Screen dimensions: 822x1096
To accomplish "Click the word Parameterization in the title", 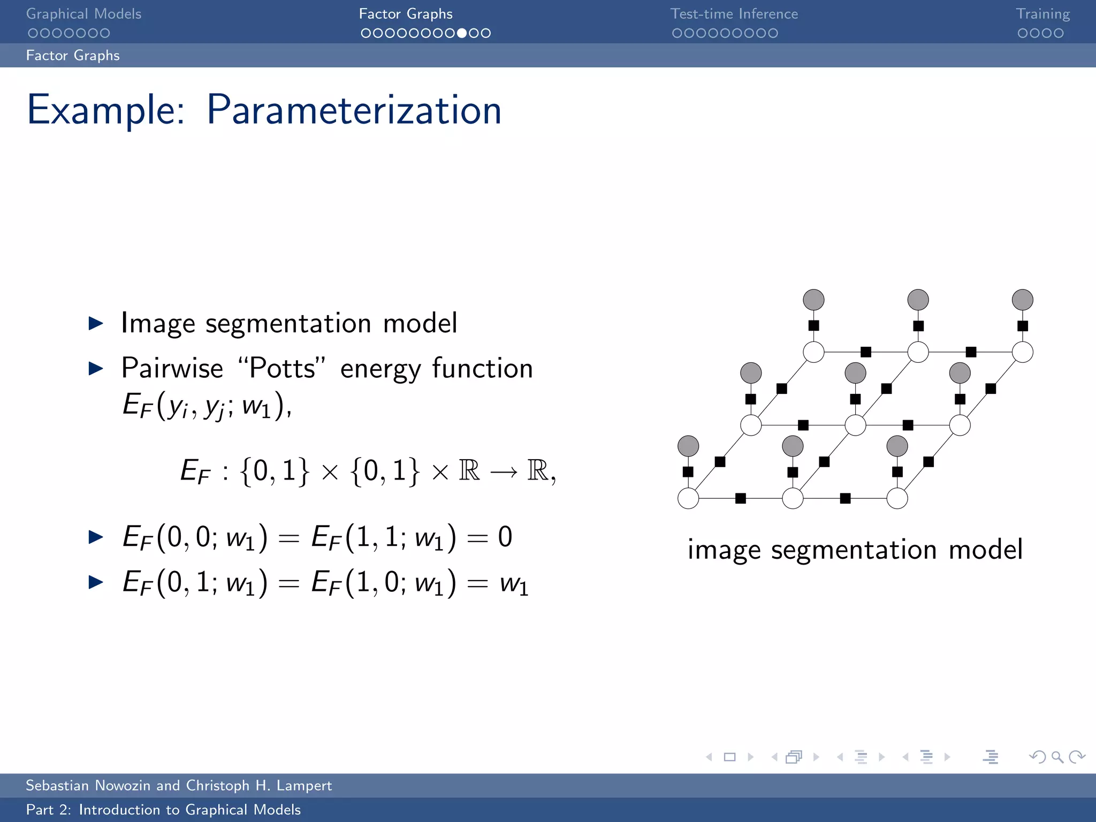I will pyautogui.click(x=354, y=110).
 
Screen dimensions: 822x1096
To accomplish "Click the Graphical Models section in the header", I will pyautogui.click(x=83, y=14).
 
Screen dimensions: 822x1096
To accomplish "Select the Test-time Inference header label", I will pyautogui.click(x=734, y=14).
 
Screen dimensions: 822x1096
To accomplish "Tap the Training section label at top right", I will pyautogui.click(x=1042, y=14).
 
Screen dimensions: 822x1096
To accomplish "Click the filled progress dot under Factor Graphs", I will pyautogui.click(x=462, y=33).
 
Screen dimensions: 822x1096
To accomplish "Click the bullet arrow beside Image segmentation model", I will pyautogui.click(x=96, y=323).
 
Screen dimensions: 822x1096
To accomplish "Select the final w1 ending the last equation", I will pyautogui.click(x=514, y=583).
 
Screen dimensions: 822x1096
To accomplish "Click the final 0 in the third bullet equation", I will pyautogui.click(x=505, y=537).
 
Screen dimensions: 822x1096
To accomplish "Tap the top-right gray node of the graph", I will pyautogui.click(x=1022, y=300).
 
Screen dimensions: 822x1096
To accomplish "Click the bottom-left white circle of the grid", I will pyautogui.click(x=688, y=498).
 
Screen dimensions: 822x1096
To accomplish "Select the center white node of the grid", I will pyautogui.click(x=855, y=425).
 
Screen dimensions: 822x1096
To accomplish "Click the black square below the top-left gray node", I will pyautogui.click(x=813, y=325).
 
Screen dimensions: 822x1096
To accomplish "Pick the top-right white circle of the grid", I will pyautogui.click(x=1022, y=352).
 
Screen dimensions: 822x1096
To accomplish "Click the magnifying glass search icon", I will pyautogui.click(x=1057, y=757).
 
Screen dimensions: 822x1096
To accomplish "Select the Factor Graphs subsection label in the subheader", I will pyautogui.click(x=73, y=56).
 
